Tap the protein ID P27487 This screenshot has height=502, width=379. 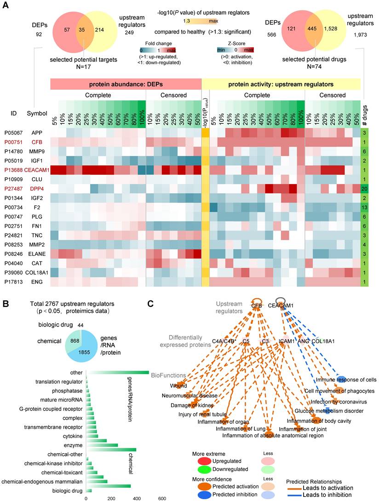pos(12,188)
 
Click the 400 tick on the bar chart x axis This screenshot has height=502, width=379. pos(137,498)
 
